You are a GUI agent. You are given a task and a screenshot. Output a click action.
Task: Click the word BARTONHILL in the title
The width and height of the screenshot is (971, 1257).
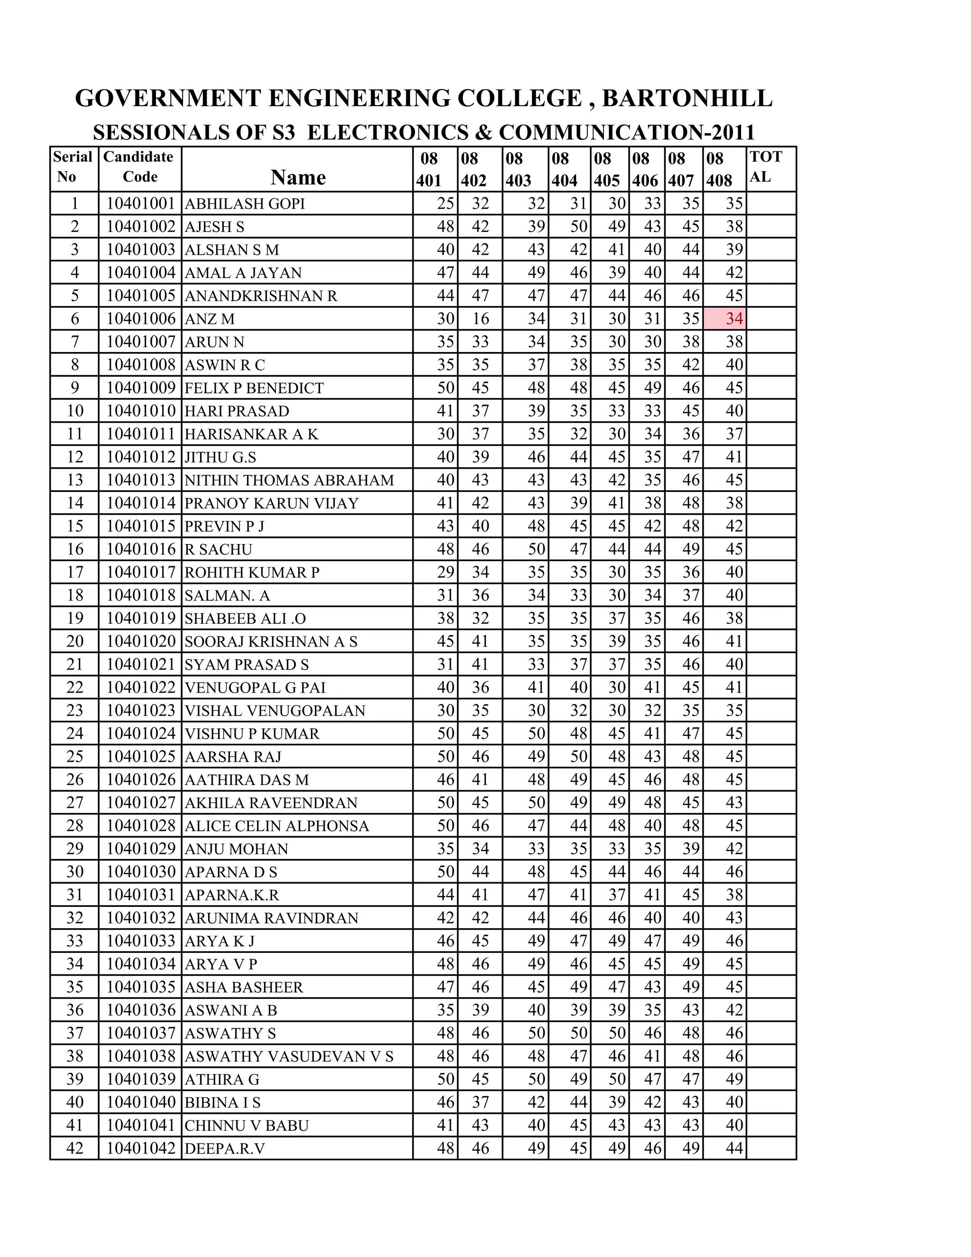tap(687, 98)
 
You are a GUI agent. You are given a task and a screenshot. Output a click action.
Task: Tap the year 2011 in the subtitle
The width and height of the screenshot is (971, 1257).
tap(733, 132)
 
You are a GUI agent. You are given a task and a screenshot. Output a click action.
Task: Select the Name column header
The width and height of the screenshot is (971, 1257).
tap(298, 177)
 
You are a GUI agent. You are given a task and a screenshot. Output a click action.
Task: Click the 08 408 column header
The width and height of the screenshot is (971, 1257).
tap(719, 169)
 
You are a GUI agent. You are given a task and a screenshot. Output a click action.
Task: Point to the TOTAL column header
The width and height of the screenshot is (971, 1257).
tap(766, 167)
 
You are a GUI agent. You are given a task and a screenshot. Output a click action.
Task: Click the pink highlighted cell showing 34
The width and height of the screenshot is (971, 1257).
tap(725, 319)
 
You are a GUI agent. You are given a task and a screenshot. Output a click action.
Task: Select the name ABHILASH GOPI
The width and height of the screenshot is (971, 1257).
tap(245, 204)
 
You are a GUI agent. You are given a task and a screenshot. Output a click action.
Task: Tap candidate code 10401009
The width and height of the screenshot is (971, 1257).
tap(140, 388)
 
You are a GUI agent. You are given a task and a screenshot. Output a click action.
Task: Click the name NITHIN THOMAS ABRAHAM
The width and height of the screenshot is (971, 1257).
tap(289, 480)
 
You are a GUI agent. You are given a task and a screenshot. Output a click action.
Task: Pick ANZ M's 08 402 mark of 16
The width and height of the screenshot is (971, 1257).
tap(480, 319)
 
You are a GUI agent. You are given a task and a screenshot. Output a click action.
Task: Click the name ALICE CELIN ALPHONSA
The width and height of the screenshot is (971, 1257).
tap(277, 826)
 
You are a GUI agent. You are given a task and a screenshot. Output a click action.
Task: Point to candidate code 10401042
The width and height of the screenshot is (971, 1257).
tap(140, 1148)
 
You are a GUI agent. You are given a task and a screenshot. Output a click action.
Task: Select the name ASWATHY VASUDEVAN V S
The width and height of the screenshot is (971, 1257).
tap(289, 1056)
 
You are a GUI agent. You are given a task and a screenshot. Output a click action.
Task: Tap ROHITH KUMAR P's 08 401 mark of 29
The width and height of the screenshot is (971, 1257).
tap(446, 572)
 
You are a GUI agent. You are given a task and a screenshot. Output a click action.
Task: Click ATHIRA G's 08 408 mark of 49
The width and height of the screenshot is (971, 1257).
tap(734, 1079)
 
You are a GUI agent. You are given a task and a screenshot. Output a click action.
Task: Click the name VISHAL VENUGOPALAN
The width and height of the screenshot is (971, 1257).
tap(275, 711)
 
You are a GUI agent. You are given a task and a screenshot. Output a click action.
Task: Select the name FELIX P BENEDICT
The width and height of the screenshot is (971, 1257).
tap(254, 388)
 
